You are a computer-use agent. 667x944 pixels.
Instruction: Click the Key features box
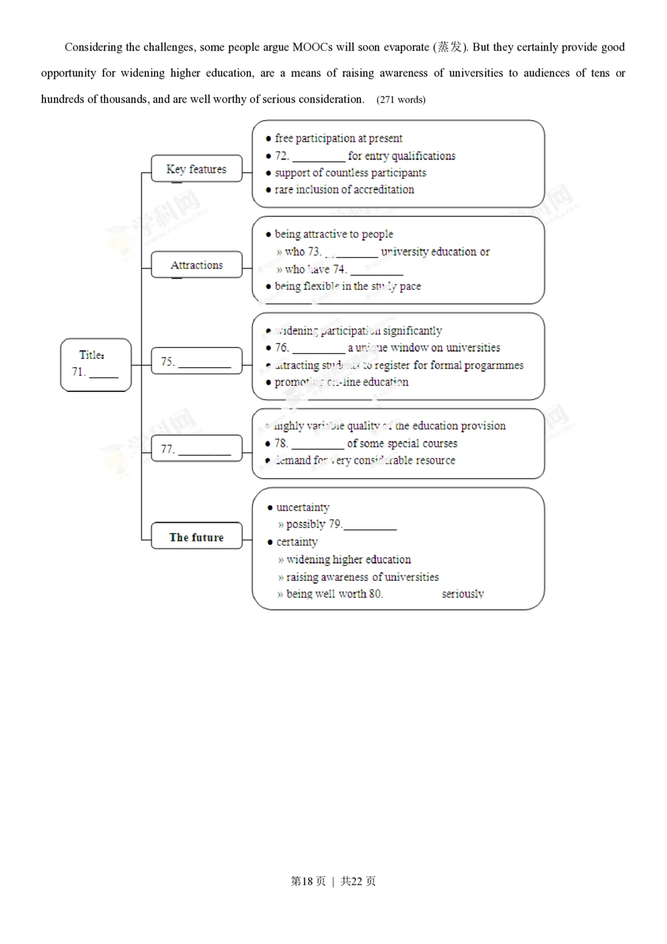tap(196, 169)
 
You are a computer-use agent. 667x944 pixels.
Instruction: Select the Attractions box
tap(196, 265)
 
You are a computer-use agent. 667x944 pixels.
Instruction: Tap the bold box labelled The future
tap(196, 537)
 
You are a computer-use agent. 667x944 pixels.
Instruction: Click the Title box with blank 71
tap(95, 365)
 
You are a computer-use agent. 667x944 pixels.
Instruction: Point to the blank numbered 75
tap(204, 365)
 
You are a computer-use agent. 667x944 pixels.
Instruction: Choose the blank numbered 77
tap(204, 453)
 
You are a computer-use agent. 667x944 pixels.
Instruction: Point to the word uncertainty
tap(303, 507)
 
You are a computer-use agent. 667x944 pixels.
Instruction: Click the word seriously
tap(462, 594)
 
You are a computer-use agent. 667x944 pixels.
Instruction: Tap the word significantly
tap(412, 330)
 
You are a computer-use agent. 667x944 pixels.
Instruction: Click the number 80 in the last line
tap(376, 594)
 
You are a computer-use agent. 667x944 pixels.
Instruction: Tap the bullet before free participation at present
tap(268, 139)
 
